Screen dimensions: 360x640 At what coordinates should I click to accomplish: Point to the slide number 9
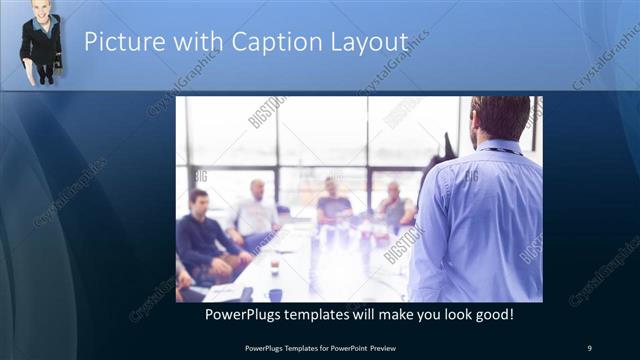[x=589, y=347]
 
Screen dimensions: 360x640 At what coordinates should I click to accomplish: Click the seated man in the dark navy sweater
[x=205, y=235]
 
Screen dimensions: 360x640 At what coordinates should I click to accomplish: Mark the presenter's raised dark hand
[x=444, y=149]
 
